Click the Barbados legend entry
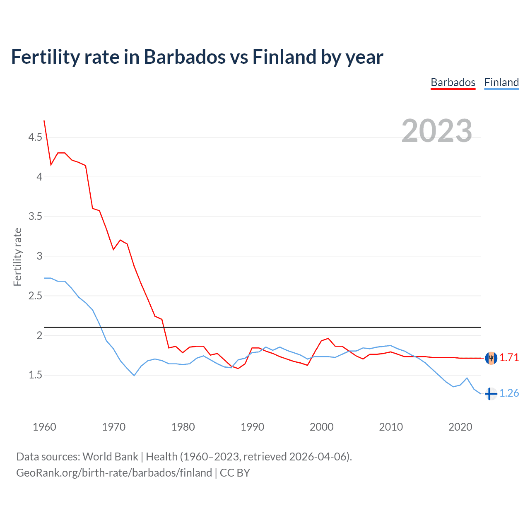[453, 82]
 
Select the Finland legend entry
[501, 82]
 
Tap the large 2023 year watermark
[437, 131]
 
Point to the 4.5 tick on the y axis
[35, 137]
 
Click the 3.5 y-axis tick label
[35, 217]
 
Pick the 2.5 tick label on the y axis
[35, 296]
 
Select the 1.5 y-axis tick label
[35, 375]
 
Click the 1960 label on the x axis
[44, 427]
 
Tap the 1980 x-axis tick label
[183, 427]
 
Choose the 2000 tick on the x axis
[322, 427]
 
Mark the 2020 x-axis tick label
[460, 427]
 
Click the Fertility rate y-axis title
[17, 257]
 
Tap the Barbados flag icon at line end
[491, 358]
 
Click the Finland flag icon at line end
[491, 393]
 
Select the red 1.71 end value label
[509, 358]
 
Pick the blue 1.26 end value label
[509, 393]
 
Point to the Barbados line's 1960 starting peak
[44, 121]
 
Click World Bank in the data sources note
[110, 457]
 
